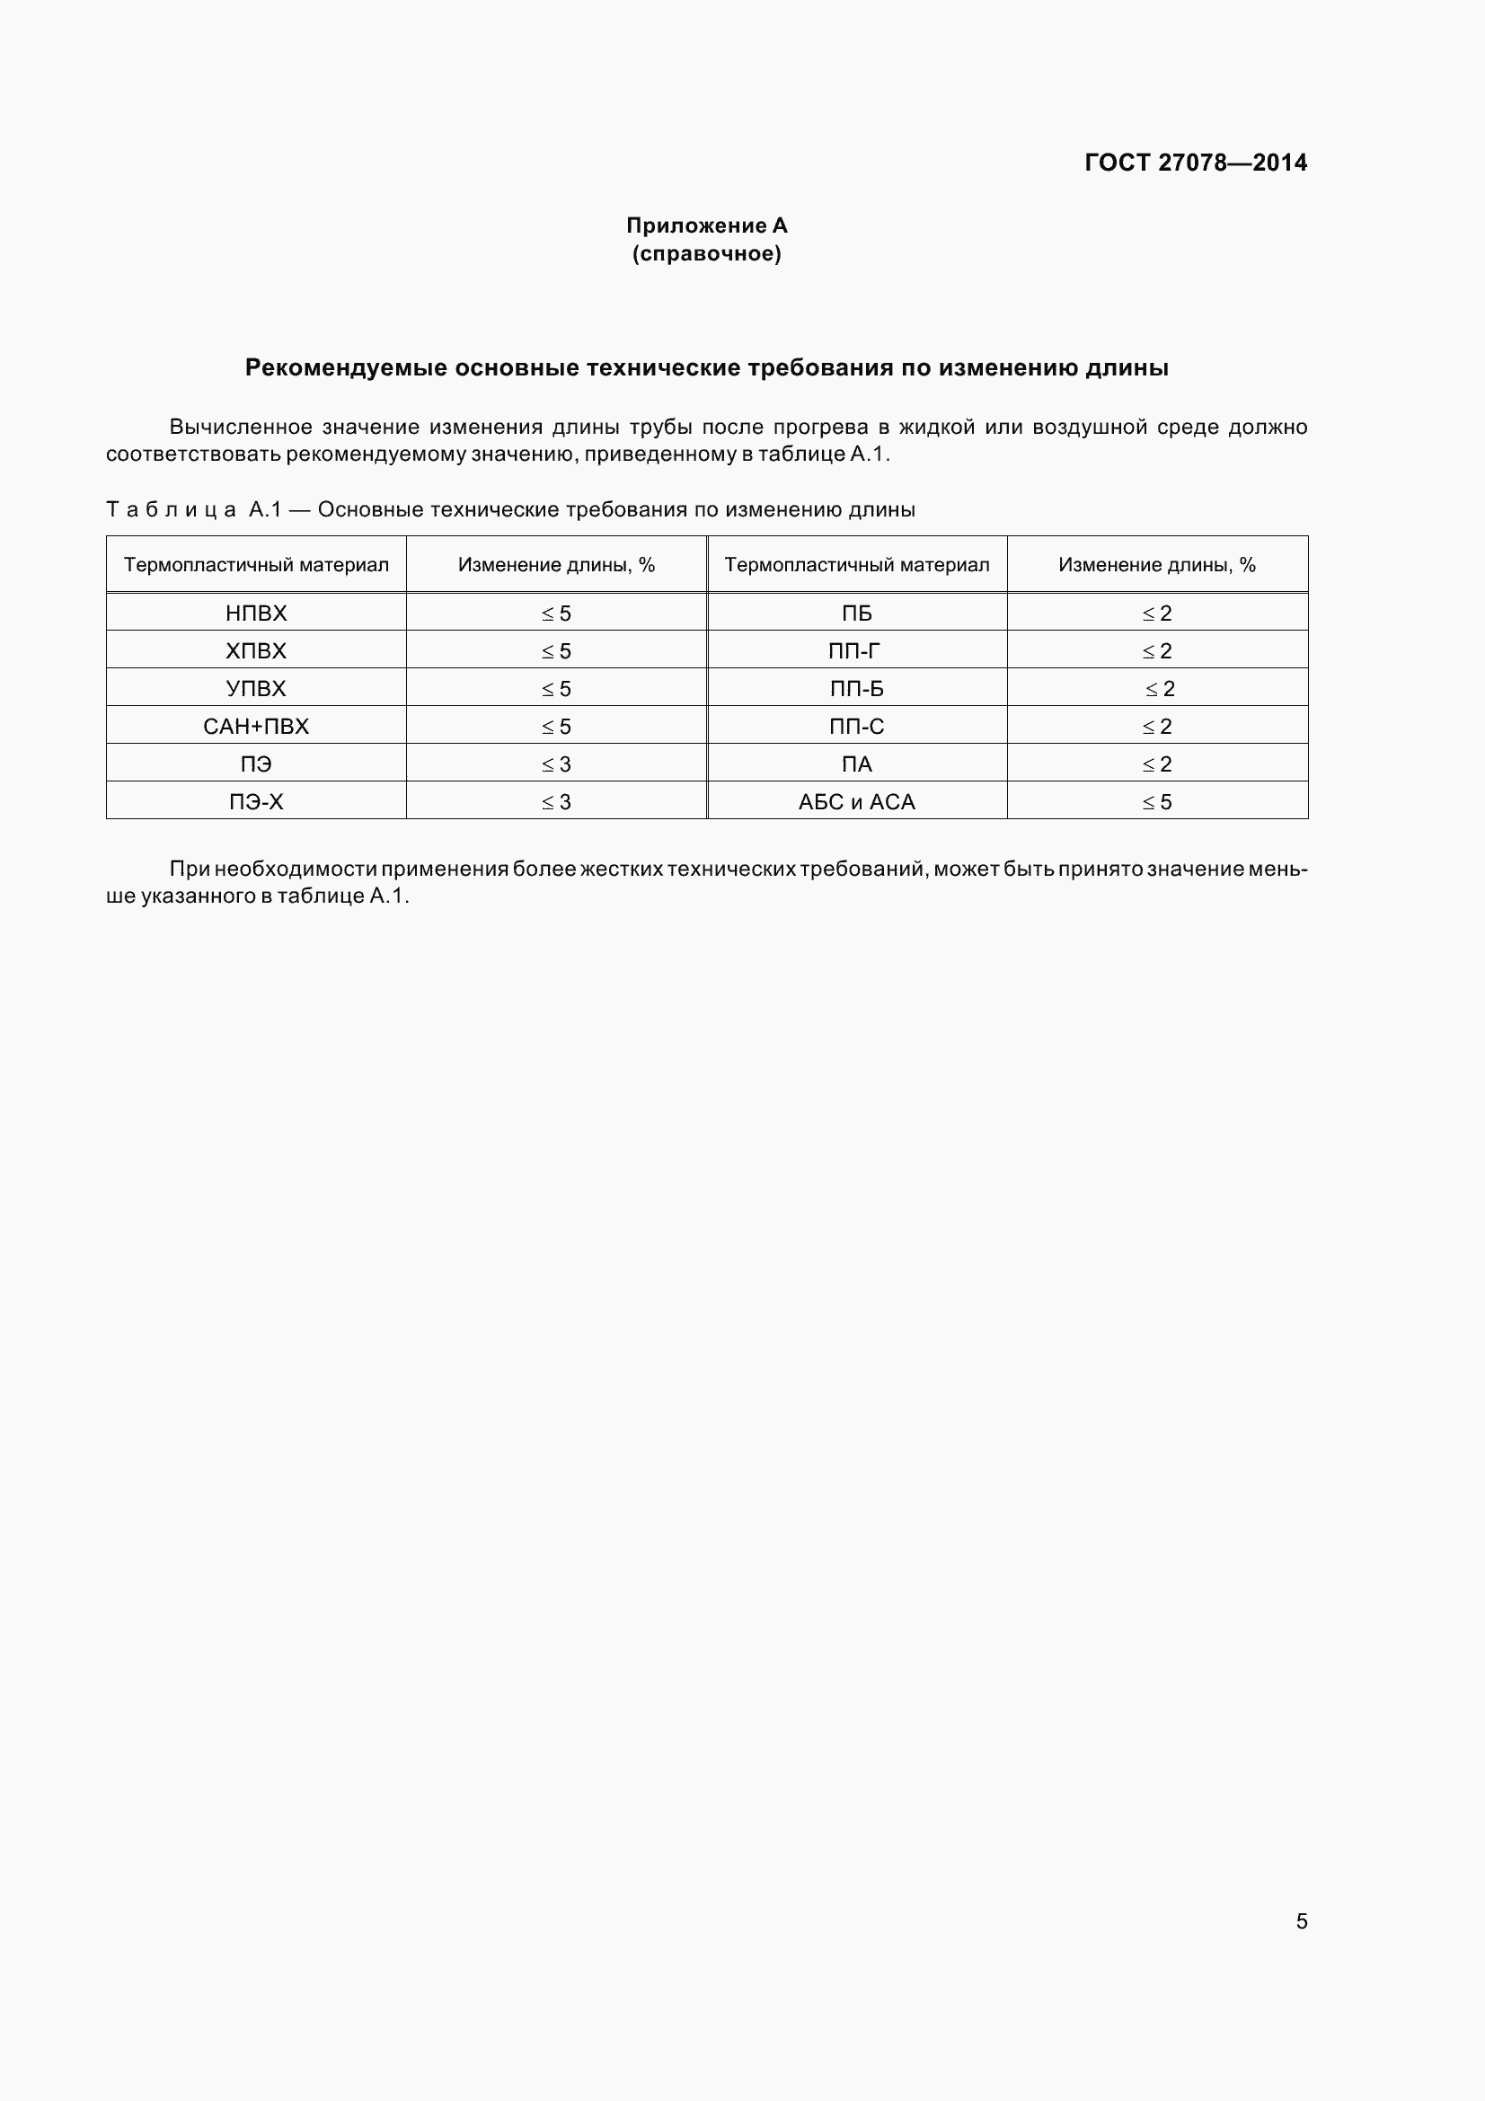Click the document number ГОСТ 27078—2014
(1195, 163)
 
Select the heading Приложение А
(706, 225)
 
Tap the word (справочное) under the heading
(706, 253)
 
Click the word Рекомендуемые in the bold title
(346, 368)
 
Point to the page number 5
(1301, 1920)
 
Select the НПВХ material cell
(256, 614)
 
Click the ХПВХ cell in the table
(256, 650)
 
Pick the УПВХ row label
(256, 688)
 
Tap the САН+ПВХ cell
(256, 727)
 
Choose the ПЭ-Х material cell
(256, 801)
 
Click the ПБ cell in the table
(856, 614)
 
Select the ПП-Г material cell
(856, 650)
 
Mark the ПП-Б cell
(856, 688)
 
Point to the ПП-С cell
(856, 727)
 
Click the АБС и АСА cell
(856, 801)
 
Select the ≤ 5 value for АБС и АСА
(1156, 801)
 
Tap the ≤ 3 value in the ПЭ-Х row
(556, 801)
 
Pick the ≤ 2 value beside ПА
(1156, 764)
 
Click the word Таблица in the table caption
(171, 509)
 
